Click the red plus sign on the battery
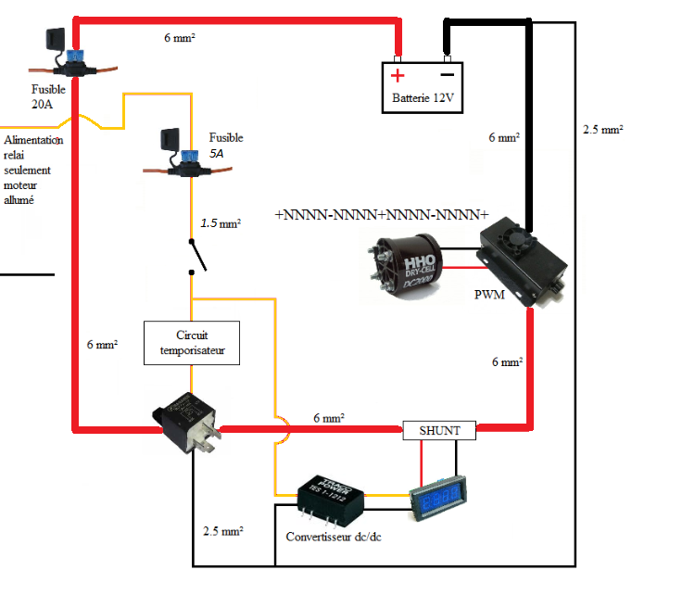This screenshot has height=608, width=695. (x=398, y=75)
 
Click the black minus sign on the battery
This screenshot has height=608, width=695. (x=448, y=74)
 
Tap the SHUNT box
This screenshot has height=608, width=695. (x=440, y=430)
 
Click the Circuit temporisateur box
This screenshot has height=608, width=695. (x=192, y=342)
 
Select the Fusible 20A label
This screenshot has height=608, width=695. (x=48, y=97)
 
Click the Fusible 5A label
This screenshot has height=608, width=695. (x=225, y=146)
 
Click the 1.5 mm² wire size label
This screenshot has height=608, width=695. (x=221, y=223)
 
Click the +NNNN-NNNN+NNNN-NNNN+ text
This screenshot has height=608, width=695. (x=382, y=214)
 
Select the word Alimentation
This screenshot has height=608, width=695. (x=33, y=140)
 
